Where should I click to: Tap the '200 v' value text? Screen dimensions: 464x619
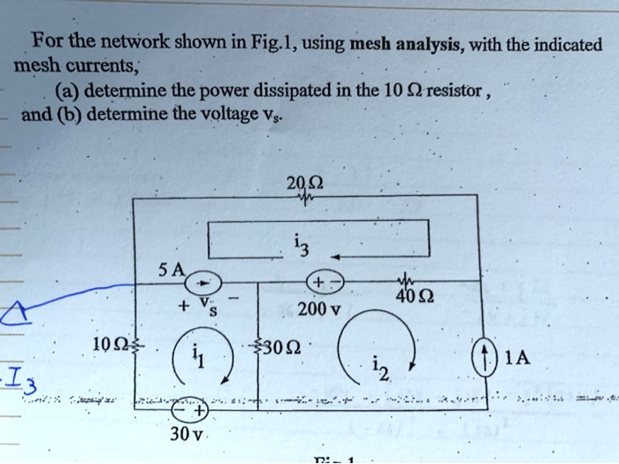tap(318, 310)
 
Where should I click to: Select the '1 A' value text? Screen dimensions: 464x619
tap(518, 358)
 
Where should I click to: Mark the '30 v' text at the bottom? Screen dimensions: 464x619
tap(187, 437)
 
